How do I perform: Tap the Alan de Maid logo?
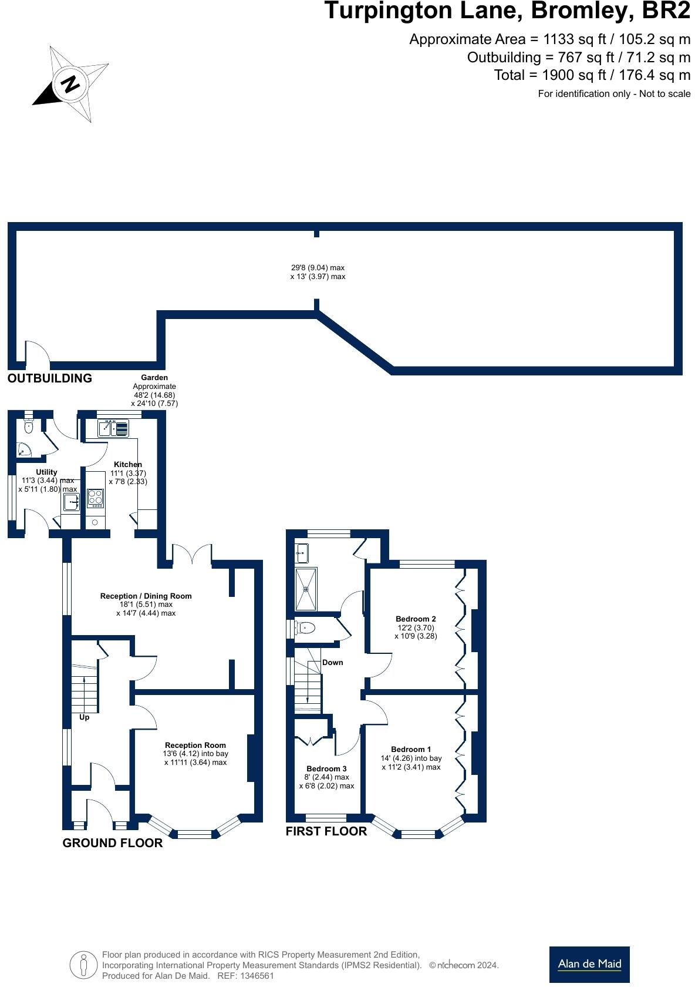click(589, 963)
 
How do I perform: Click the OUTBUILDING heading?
click(50, 378)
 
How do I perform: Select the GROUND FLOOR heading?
click(112, 843)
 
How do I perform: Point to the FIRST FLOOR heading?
click(326, 831)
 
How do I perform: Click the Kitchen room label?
click(128, 464)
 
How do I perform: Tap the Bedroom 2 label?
click(416, 619)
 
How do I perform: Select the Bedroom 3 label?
click(326, 768)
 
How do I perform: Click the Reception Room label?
click(195, 745)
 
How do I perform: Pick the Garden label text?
click(154, 378)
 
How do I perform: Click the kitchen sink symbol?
click(113, 428)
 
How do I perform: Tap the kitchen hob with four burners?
click(95, 498)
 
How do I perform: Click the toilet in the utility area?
click(29, 425)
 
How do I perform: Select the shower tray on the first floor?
click(306, 589)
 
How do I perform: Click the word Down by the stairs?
click(332, 662)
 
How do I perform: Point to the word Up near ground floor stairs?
click(85, 717)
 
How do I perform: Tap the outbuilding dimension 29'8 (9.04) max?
click(318, 267)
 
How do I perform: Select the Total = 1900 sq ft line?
click(592, 75)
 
